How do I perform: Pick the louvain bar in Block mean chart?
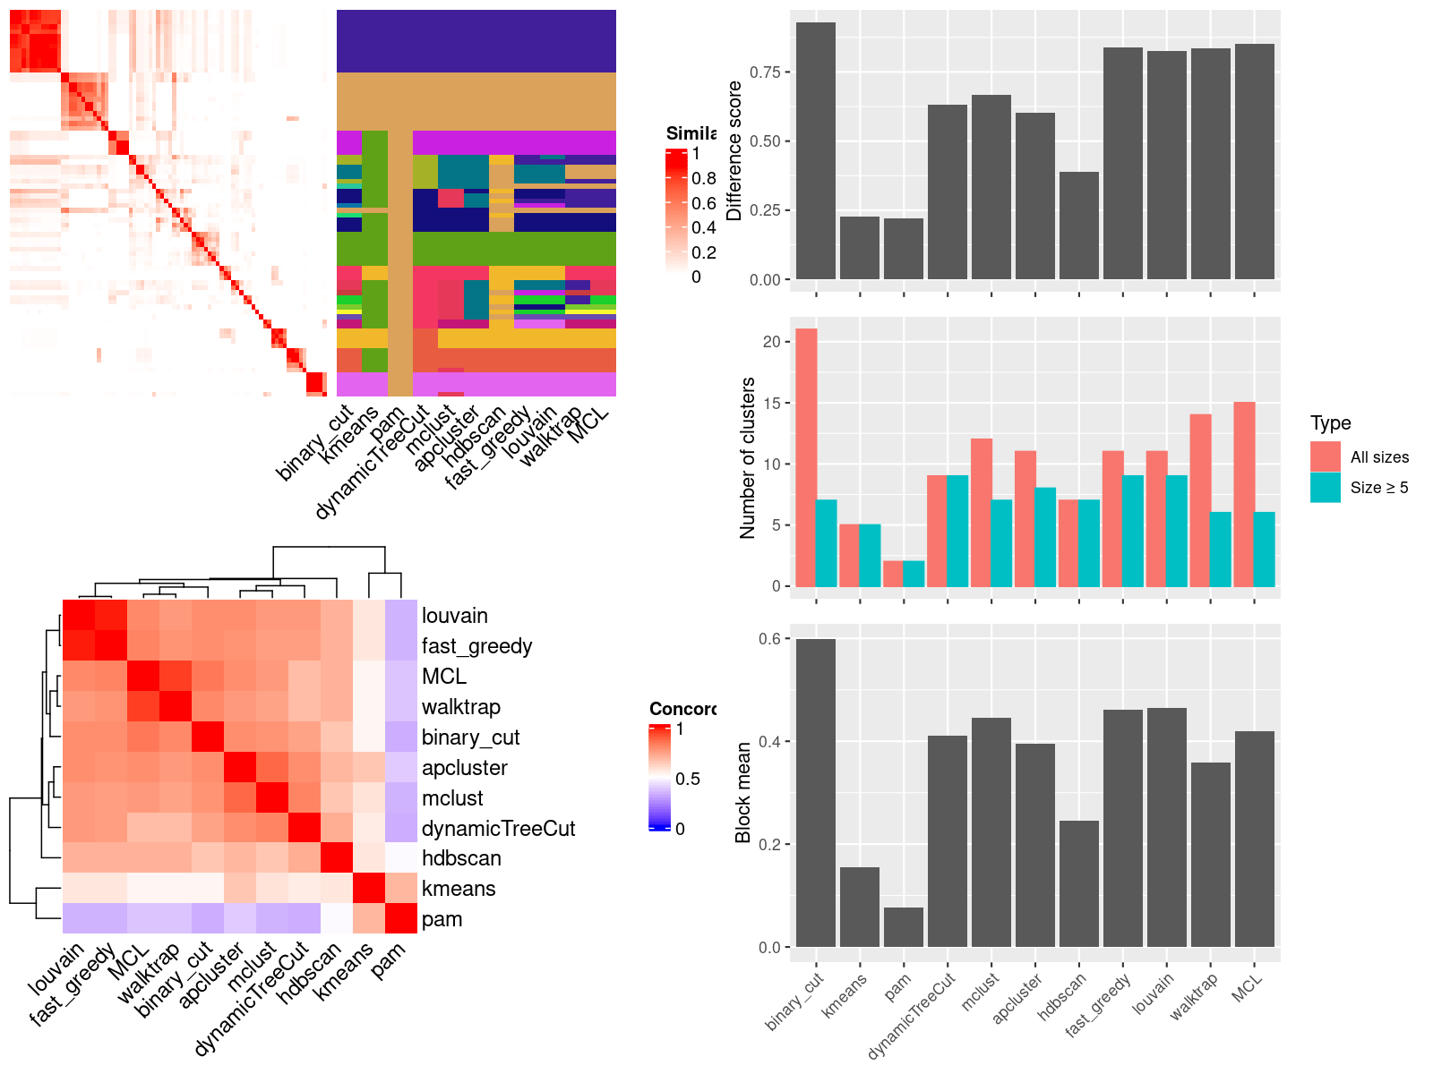[1166, 827]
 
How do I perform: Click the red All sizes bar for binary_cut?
[806, 457]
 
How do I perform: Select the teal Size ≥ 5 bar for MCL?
[1264, 550]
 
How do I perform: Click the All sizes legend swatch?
[1325, 456]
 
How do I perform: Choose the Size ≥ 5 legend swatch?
[1325, 487]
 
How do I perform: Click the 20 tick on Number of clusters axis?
[771, 342]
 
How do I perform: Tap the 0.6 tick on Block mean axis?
[769, 639]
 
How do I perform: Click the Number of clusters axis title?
[748, 458]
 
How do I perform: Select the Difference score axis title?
[734, 150]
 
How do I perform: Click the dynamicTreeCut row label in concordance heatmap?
[498, 829]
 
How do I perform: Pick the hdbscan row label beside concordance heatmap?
[461, 858]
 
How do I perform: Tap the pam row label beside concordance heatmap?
[442, 919]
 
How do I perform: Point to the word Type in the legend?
[1330, 423]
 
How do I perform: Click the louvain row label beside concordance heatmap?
[454, 616]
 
